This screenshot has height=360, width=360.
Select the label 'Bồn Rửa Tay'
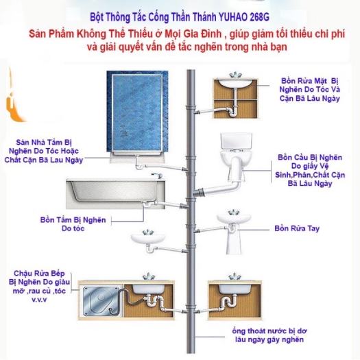pos(296,227)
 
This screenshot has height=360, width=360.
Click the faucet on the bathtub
pos(159,176)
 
